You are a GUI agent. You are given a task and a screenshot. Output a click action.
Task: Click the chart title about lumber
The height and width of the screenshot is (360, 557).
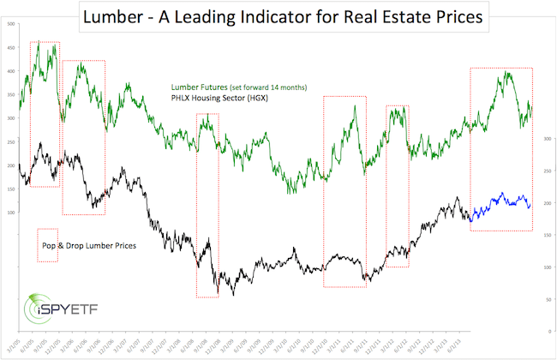point(278,15)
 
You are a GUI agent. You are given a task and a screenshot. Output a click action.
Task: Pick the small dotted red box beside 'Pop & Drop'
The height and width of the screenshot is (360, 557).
point(47,245)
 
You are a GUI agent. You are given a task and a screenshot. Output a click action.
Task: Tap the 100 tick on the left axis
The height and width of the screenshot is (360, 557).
point(11,212)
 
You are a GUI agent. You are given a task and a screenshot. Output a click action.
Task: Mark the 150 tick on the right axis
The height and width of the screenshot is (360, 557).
point(546,235)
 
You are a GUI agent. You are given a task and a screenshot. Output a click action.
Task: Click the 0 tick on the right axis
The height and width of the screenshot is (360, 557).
point(546,331)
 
